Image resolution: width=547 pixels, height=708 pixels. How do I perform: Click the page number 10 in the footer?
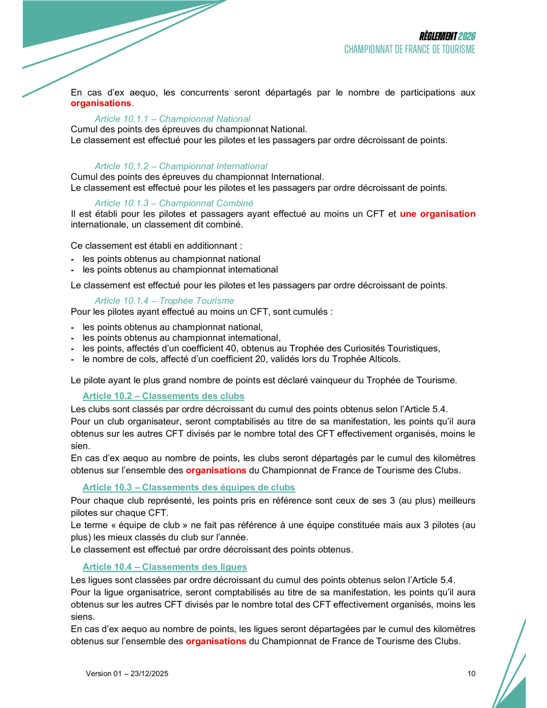471,674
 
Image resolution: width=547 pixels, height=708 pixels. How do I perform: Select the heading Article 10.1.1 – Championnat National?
172,119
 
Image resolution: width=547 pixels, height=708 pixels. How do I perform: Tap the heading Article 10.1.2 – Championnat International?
181,166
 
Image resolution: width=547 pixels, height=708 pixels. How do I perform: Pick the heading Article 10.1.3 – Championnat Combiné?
174,203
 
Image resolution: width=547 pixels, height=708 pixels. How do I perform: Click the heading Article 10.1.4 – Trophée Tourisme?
164,301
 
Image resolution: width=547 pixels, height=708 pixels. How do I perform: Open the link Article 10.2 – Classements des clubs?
163,396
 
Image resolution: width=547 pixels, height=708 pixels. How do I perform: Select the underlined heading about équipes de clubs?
188,487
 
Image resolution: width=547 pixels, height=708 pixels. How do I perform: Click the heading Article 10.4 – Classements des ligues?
164,567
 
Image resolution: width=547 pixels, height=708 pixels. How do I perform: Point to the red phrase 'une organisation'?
438,214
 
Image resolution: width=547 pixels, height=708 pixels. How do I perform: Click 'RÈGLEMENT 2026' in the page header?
447,36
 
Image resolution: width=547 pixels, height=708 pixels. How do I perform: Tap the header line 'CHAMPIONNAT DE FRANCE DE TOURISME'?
409,50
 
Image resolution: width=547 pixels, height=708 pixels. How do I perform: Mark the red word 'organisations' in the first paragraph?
101,103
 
